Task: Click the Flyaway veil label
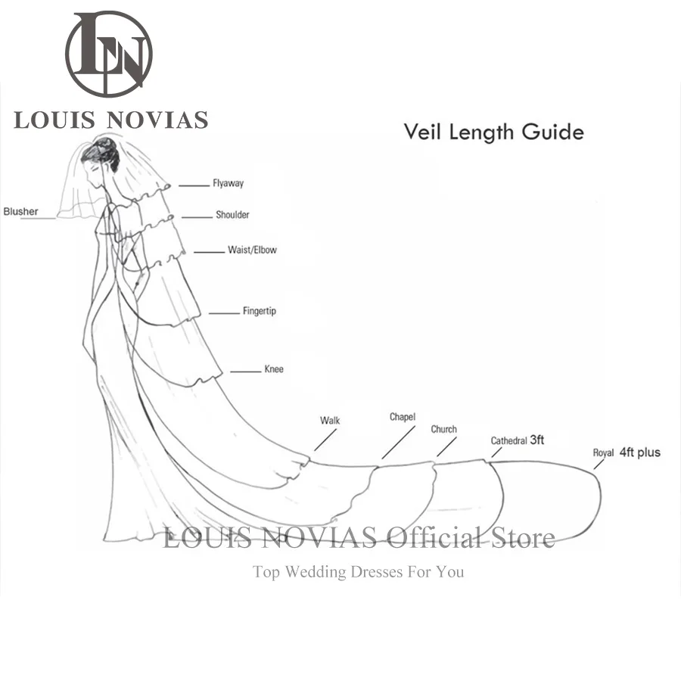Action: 228,184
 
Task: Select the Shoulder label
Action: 232,216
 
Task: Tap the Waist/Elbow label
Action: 252,250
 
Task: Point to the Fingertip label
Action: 259,312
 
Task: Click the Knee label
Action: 274,370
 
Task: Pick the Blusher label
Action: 20,212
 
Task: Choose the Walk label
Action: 330,421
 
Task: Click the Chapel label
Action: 403,417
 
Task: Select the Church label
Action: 444,430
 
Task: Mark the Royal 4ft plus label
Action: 627,453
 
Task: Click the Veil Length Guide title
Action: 493,132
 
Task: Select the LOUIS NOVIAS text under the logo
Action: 110,120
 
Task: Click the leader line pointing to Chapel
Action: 399,443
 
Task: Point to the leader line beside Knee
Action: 245,372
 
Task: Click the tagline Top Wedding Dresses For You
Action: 358,572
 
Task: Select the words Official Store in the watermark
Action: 471,539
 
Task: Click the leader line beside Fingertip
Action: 224,313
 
